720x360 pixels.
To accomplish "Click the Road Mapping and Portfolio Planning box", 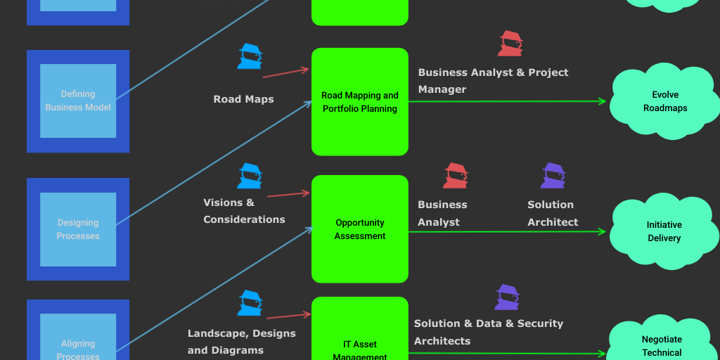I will click(x=359, y=102).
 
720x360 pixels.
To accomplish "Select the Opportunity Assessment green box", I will click(x=359, y=229).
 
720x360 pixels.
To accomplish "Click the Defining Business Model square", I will click(x=78, y=101).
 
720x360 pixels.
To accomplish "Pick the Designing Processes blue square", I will click(x=78, y=229).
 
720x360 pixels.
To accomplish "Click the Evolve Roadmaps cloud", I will click(x=664, y=102).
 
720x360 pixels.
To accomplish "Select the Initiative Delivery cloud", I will click(x=664, y=231).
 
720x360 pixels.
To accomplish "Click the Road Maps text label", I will click(x=243, y=99).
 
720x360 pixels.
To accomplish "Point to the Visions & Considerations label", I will click(x=244, y=211).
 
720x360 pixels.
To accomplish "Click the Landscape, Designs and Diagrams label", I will click(x=241, y=342).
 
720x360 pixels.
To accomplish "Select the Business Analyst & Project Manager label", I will click(x=493, y=81).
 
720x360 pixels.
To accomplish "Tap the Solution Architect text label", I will click(x=553, y=213).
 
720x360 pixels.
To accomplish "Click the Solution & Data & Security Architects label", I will click(x=489, y=332).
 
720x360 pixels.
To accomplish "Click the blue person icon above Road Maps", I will click(x=250, y=56).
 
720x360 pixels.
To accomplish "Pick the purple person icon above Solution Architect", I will click(x=553, y=176).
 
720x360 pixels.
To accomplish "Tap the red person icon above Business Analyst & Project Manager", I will click(x=510, y=44).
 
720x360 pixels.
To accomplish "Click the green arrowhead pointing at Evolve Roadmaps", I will click(x=602, y=101).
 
